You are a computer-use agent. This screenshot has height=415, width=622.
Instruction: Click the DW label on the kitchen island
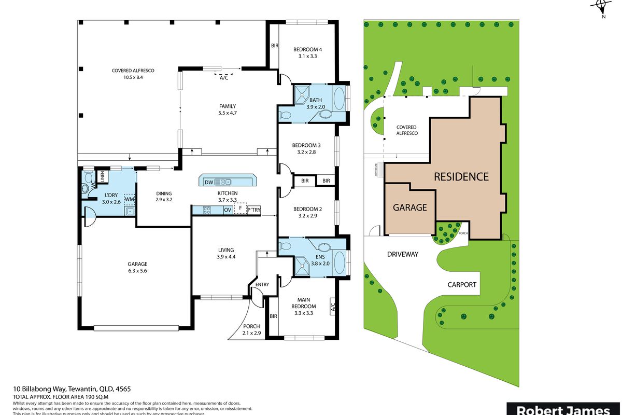[209, 182]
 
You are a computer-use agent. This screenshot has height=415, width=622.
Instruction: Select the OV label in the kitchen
[227, 210]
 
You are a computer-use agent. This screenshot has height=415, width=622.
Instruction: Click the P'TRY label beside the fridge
[253, 210]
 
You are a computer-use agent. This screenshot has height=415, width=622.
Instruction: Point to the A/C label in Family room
[224, 78]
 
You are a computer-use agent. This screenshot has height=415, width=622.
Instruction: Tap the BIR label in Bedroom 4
[275, 46]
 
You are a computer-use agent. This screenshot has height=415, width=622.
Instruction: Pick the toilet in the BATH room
[285, 115]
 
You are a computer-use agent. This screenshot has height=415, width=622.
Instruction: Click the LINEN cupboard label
[103, 176]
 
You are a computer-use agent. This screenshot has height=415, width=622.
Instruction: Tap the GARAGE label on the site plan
[409, 207]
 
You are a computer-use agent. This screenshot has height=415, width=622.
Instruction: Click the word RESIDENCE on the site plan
[461, 176]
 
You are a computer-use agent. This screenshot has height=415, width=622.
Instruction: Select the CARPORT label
[462, 284]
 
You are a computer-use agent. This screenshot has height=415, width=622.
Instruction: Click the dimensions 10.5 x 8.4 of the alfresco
[133, 77]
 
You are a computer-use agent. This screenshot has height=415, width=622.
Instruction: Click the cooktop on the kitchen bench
[207, 210]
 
